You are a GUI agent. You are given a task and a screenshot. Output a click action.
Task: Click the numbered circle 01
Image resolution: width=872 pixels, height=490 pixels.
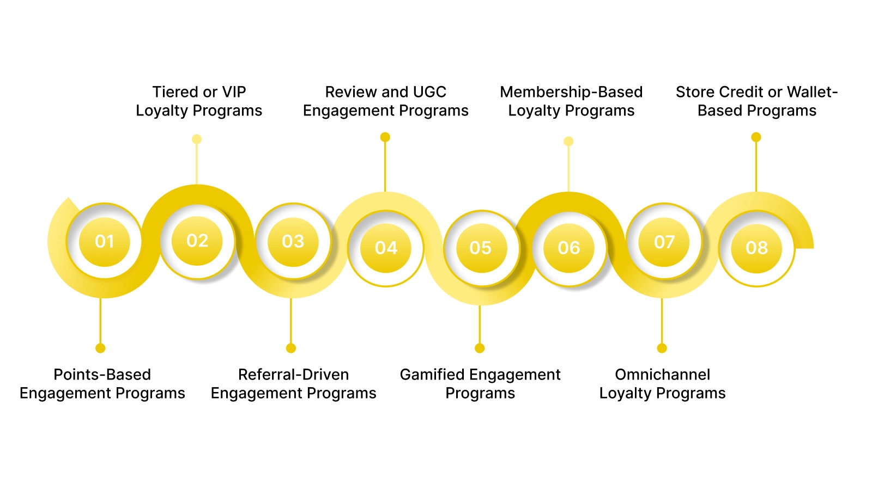click(x=105, y=242)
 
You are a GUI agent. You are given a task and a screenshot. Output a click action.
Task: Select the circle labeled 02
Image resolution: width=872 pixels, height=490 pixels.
click(x=197, y=241)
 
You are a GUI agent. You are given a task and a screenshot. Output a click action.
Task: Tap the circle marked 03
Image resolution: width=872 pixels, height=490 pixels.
click(x=293, y=242)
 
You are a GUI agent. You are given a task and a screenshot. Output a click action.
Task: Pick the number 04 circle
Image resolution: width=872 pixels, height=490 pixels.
click(x=386, y=248)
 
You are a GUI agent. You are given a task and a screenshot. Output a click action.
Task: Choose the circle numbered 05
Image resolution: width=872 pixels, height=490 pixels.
click(x=481, y=248)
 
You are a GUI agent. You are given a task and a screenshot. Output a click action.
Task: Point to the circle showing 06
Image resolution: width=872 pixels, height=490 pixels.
click(x=569, y=248)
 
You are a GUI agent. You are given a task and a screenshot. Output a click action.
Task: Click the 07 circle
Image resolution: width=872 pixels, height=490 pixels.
click(x=664, y=242)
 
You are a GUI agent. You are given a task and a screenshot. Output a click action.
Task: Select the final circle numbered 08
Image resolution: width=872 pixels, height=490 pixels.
click(x=757, y=248)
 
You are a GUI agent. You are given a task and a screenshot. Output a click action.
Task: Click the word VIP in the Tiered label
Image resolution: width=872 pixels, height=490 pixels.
click(x=234, y=92)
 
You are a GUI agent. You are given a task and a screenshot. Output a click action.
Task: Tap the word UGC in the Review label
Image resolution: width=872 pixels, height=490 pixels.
click(x=429, y=92)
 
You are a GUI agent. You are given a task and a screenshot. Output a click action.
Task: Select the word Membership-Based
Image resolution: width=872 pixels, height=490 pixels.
click(x=571, y=92)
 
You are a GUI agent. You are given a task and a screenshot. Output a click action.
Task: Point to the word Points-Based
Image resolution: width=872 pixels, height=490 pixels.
click(x=102, y=375)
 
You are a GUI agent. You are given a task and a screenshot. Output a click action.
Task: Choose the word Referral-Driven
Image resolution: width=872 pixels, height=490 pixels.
click(x=293, y=375)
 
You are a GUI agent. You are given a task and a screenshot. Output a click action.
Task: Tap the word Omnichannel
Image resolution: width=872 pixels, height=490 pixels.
click(x=662, y=375)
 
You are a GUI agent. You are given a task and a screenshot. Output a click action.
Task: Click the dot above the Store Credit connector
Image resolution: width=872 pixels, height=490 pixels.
click(x=756, y=137)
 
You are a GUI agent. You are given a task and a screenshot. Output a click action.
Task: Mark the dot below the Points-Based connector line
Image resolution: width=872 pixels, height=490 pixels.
click(x=100, y=348)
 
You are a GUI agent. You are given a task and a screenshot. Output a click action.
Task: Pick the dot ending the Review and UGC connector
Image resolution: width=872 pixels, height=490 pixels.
click(x=385, y=137)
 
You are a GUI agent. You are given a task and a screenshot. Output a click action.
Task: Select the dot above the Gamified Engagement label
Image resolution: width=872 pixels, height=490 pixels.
click(x=480, y=348)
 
